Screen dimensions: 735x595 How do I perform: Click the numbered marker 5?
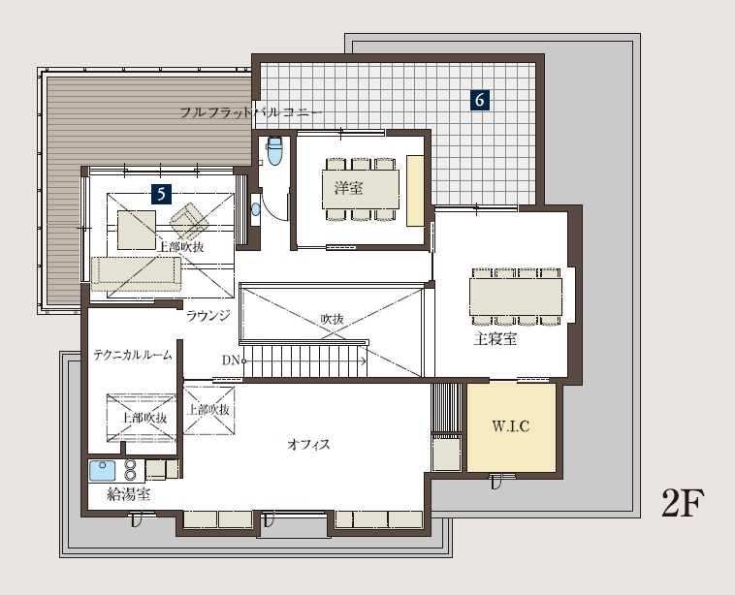coord(162,194)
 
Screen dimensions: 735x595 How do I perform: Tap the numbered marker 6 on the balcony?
coord(480,100)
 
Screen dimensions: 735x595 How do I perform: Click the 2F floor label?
coord(683,503)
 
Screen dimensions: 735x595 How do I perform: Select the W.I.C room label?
coord(510,426)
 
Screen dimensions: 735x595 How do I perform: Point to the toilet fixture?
coord(274,150)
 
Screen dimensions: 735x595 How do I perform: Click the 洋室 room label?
coord(349,188)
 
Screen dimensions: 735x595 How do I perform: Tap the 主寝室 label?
coord(495,339)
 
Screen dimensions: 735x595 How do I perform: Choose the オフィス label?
coord(308,444)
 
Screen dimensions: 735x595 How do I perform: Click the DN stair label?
coord(231,360)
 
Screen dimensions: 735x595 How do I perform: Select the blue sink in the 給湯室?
coord(102,471)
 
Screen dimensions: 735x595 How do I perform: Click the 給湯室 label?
coord(129,494)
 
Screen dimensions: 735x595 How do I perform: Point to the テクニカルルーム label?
coord(133,355)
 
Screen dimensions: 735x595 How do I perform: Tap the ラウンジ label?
coord(208,315)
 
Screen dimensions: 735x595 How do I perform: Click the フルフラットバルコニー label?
coord(251,113)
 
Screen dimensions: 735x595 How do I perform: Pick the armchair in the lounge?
coord(189,221)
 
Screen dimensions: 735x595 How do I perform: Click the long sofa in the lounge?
coord(136,270)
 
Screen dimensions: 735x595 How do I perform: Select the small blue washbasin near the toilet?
coord(255,209)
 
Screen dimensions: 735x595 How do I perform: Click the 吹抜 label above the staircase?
coord(333,319)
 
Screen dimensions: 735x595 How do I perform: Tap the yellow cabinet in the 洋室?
coord(415,191)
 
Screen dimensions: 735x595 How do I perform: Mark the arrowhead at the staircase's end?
coord(364,360)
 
